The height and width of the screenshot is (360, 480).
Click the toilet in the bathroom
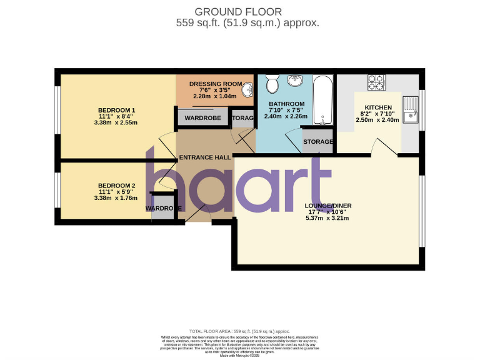(272, 83)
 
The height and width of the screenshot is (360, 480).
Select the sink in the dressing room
(249, 91)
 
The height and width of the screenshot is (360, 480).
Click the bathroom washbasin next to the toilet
(294, 81)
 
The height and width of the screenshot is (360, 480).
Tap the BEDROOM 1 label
(117, 110)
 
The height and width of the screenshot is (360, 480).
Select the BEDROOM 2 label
(117, 185)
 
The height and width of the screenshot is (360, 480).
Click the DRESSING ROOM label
(216, 83)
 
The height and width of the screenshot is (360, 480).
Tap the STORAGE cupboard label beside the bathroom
(318, 142)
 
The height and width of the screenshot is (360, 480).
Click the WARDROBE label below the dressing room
(203, 117)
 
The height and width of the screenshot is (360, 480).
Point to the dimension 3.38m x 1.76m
(116, 198)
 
